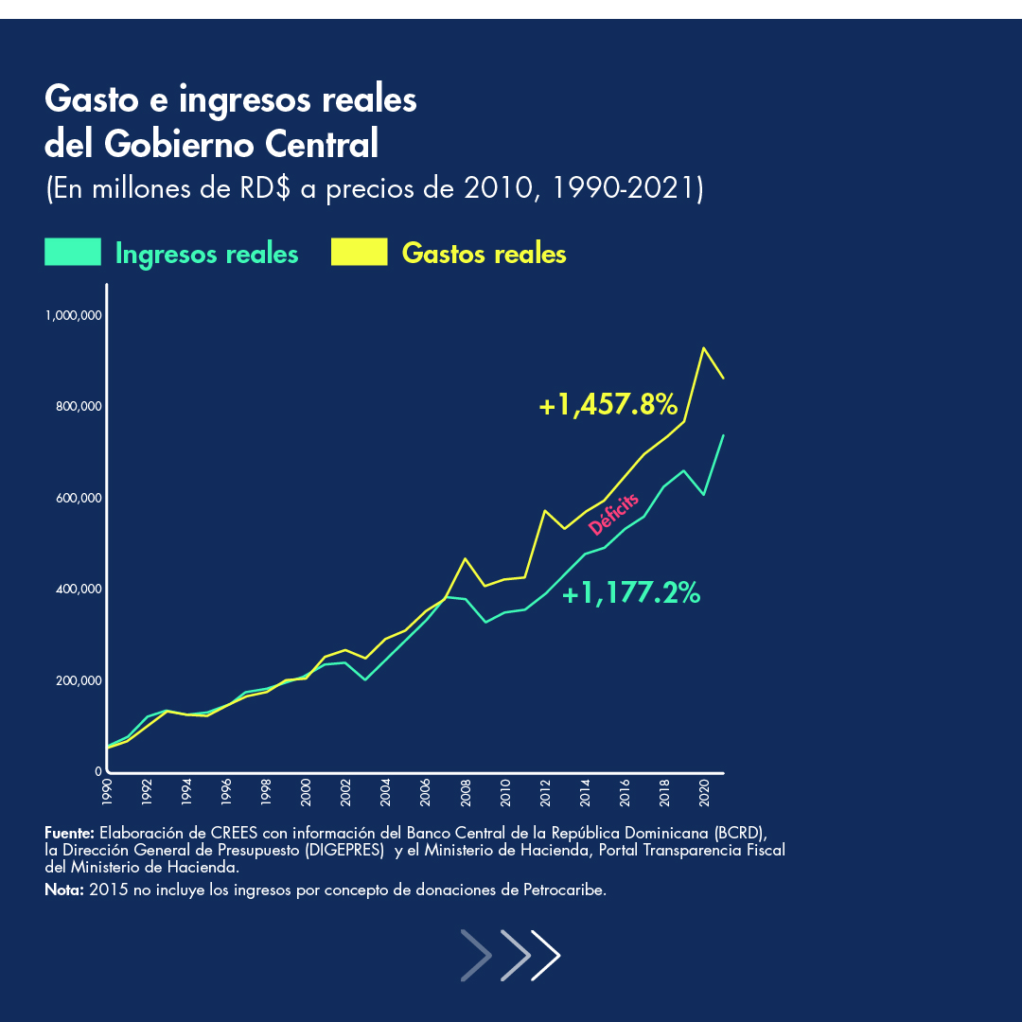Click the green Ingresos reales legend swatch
73,253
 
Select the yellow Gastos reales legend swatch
360,253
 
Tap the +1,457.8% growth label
608,405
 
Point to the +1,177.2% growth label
631,594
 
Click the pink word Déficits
613,514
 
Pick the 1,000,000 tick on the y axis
73,315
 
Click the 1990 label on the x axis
106,792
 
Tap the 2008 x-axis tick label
466,792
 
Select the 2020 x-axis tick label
705,792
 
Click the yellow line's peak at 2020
704,348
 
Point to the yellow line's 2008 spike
465,558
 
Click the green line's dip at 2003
365,679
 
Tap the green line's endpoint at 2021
724,435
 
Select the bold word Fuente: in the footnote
69,833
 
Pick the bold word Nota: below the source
63,890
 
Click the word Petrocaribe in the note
564,890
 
